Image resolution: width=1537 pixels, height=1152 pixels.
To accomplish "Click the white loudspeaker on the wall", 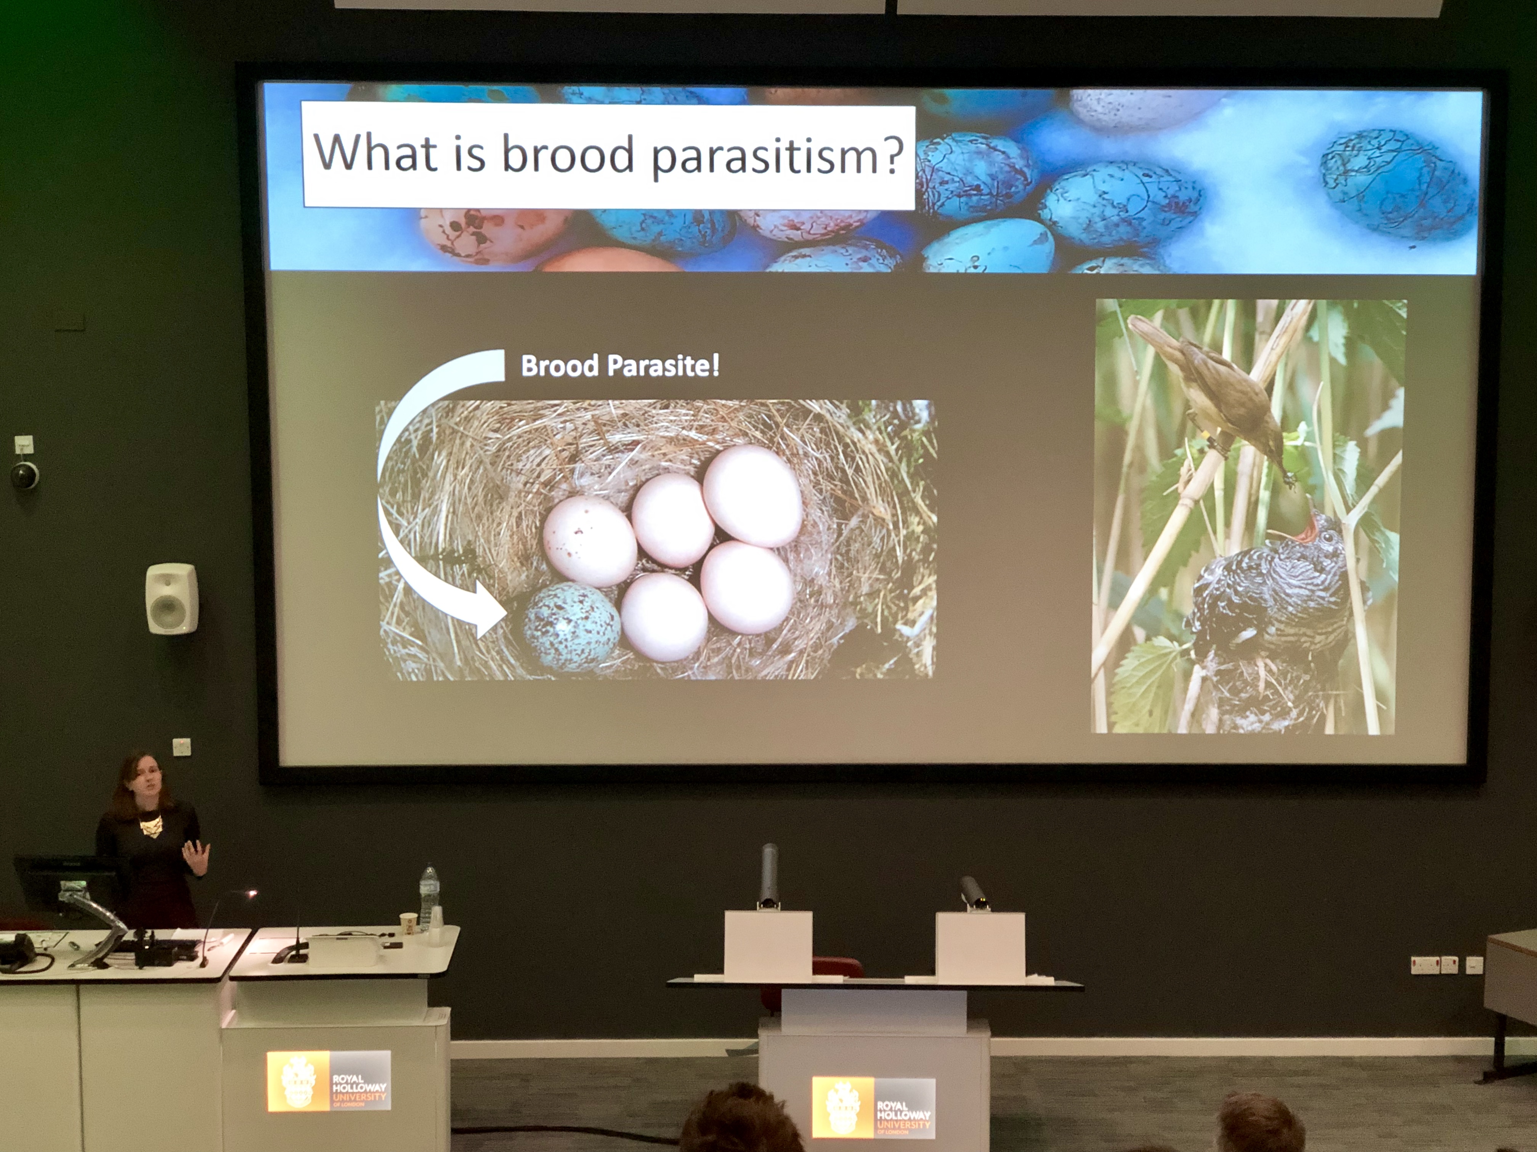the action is coord(172,598).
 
